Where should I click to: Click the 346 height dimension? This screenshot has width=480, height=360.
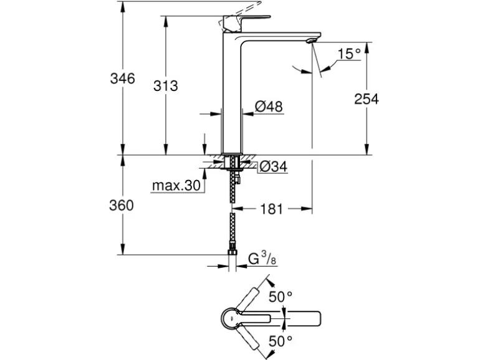coord(122,79)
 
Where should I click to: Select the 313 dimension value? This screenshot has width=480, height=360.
coord(165,86)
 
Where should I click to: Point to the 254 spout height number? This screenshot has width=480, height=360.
coord(366,98)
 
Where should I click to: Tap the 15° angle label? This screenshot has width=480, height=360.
coord(349,54)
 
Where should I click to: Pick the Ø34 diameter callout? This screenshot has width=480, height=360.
coord(272,166)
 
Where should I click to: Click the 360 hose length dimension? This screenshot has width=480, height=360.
coord(122,206)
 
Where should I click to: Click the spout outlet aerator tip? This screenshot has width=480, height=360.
coord(309,40)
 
